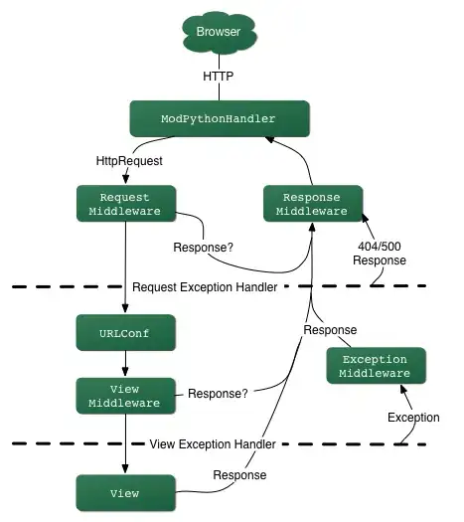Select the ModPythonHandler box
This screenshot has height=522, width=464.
point(218,119)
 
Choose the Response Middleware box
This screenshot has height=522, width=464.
point(311,203)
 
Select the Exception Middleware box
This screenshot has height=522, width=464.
point(376,366)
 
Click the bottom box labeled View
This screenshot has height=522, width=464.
point(125,492)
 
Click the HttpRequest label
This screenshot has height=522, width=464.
point(124,159)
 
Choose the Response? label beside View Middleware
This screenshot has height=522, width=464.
point(218,393)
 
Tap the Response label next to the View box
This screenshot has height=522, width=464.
point(239,474)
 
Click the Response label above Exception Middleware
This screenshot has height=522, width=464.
point(330,329)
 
